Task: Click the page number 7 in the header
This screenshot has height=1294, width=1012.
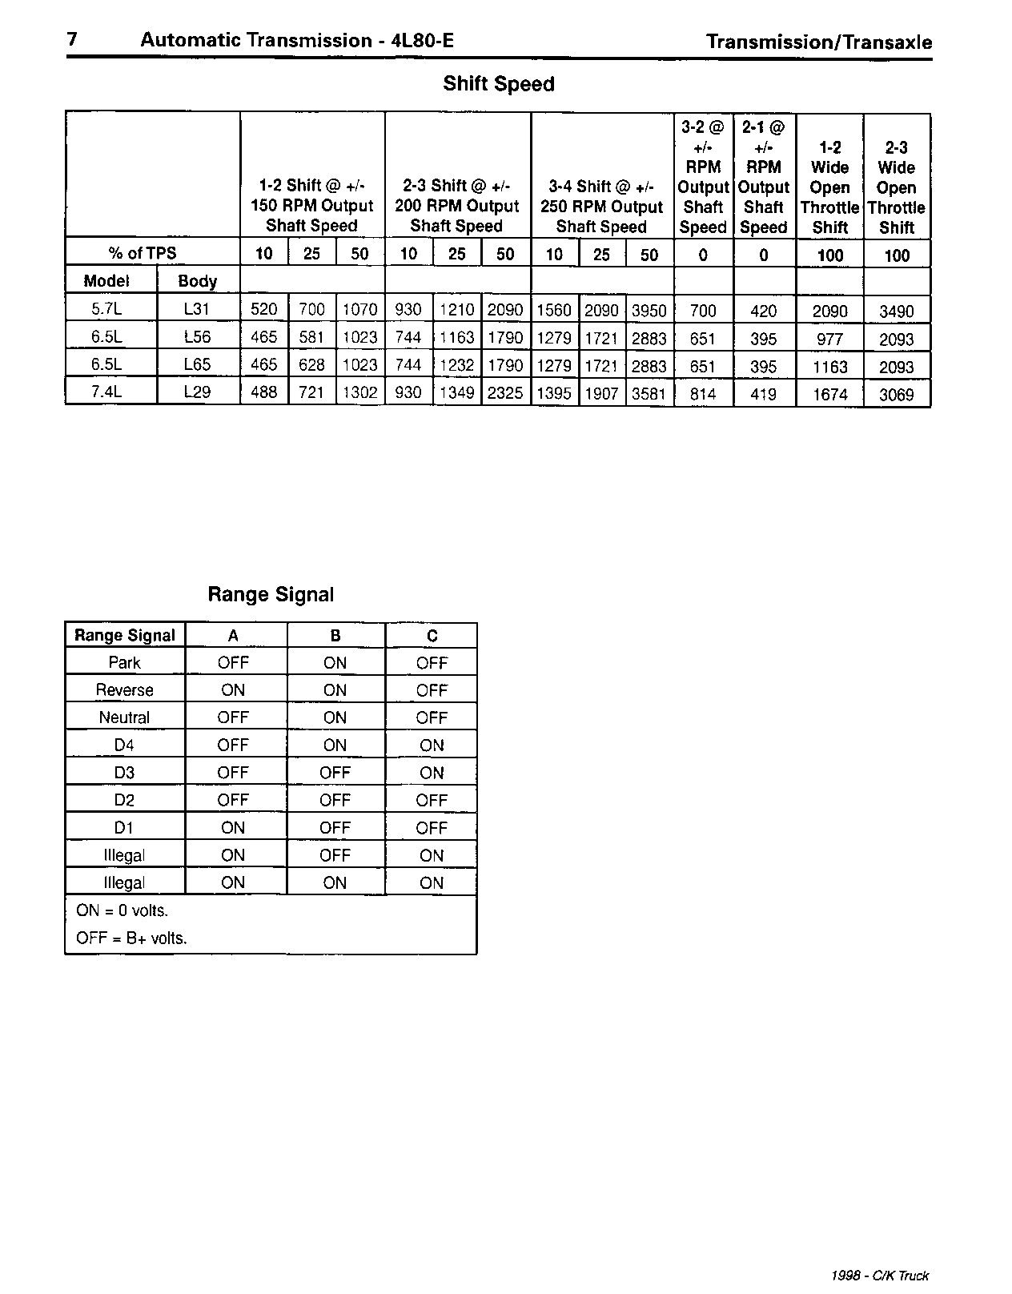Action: tap(72, 40)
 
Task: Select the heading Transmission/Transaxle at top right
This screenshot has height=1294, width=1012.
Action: tap(818, 42)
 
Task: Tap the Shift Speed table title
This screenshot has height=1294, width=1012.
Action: tap(498, 84)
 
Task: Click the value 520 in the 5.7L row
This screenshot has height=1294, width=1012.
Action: tap(263, 311)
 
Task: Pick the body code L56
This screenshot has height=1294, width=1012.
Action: tap(197, 338)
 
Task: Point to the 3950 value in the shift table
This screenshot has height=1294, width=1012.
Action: tap(649, 311)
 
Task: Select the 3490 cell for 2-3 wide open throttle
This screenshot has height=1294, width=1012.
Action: tap(896, 311)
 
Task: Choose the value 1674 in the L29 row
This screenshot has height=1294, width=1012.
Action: tap(829, 394)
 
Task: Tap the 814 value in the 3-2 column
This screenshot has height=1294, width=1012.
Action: tap(702, 394)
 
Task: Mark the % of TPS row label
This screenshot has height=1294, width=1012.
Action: tap(143, 253)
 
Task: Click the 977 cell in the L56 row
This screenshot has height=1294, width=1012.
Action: tap(829, 339)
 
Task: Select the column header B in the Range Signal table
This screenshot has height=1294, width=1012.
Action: tap(335, 636)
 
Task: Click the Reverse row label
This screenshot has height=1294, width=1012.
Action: tap(124, 690)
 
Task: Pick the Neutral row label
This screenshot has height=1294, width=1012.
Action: tap(124, 717)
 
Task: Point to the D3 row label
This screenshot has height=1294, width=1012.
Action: tap(124, 773)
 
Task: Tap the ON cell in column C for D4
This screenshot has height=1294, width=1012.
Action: tap(432, 745)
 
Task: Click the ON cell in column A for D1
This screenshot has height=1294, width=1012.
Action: tap(233, 828)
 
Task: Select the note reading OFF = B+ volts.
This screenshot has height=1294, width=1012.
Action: tap(131, 938)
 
